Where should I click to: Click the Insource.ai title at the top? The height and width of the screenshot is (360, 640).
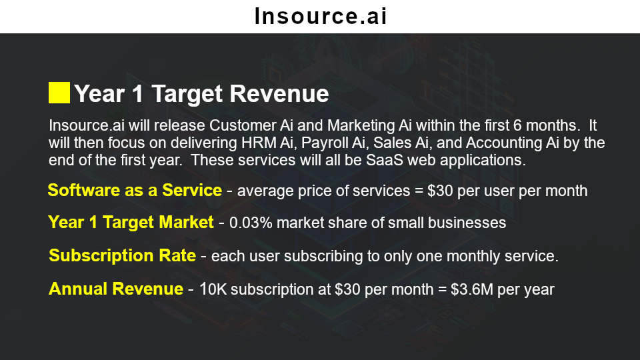click(x=321, y=16)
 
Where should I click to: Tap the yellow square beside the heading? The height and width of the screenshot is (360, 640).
click(x=59, y=93)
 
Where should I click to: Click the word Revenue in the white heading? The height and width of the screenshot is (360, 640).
click(x=279, y=93)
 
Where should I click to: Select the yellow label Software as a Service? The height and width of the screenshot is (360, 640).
click(x=135, y=190)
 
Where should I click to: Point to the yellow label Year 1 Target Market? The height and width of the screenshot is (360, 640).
click(x=131, y=223)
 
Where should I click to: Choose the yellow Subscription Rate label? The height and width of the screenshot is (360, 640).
click(x=123, y=255)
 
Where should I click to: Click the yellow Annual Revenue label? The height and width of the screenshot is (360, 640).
click(x=116, y=289)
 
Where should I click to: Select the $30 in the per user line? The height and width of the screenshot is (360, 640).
click(x=440, y=191)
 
